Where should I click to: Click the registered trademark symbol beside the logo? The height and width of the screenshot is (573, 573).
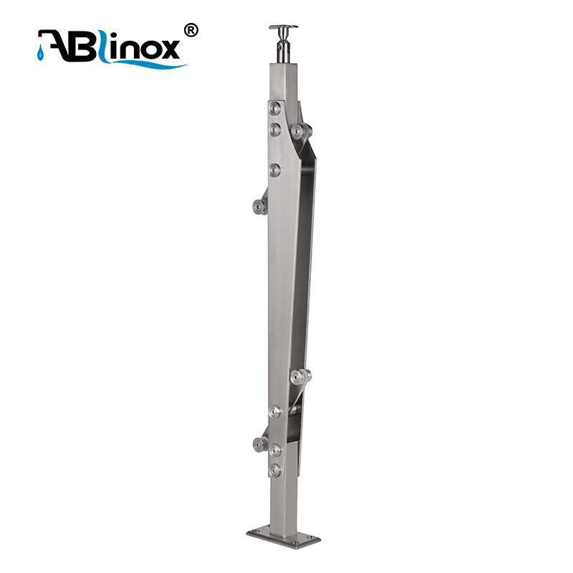click(191, 30)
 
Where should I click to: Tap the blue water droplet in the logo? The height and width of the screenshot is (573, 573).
click(40, 53)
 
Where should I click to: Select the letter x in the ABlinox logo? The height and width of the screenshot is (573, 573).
click(169, 49)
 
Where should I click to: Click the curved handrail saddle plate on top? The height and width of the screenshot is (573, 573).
click(283, 27)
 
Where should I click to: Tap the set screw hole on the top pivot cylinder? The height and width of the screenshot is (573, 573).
click(279, 47)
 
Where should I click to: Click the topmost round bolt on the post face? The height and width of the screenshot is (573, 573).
click(275, 108)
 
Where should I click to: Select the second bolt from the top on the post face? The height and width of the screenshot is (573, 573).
click(275, 130)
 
